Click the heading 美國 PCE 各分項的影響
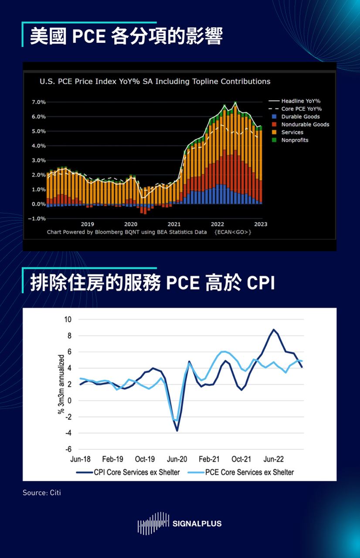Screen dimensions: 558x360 tap(126, 37)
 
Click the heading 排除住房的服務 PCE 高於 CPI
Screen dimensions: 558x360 tap(153, 282)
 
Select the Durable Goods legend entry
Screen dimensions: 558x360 tap(300, 117)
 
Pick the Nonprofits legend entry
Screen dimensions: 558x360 tap(295, 140)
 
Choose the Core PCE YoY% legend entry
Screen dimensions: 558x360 tap(301, 109)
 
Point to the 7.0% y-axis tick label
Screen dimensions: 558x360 tap(39, 102)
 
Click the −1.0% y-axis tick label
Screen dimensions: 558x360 tap(38, 218)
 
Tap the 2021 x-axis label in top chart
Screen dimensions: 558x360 tap(174, 224)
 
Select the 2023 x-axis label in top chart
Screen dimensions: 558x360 tap(261, 224)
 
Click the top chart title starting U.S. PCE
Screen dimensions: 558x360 tap(155, 82)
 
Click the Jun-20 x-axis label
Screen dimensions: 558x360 tap(177, 459)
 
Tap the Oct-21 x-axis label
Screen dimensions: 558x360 tap(241, 459)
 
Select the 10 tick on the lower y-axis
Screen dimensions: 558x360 tap(68, 319)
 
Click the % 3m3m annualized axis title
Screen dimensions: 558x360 tap(61, 384)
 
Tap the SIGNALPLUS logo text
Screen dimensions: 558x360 tap(197, 524)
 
